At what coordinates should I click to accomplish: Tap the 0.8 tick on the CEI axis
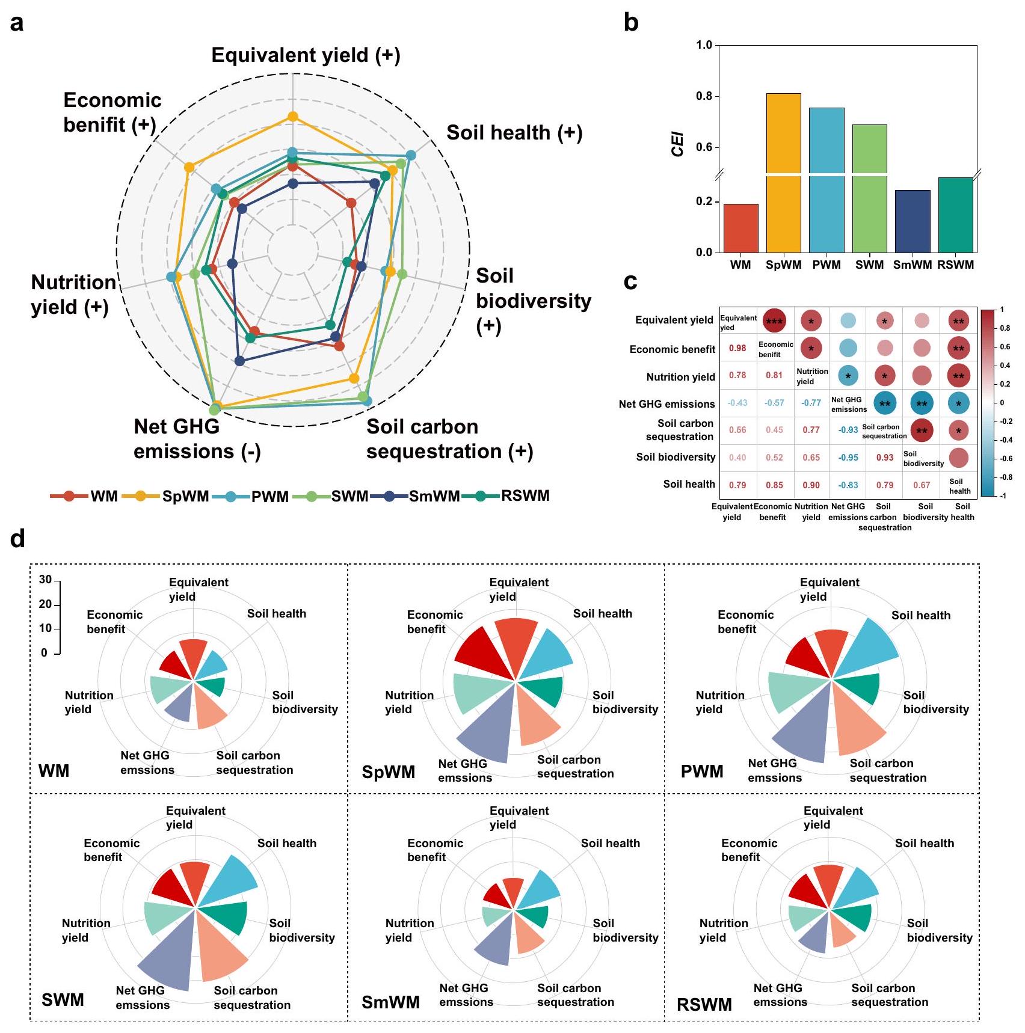point(704,96)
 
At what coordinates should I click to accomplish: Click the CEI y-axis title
point(678,144)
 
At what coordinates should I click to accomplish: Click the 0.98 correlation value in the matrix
point(737,348)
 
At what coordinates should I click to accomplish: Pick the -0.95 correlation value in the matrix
point(848,458)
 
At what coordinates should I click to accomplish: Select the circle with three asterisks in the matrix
point(774,321)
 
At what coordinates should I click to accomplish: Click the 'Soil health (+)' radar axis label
point(514,133)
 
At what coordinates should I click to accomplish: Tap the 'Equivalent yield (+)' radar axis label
point(306,55)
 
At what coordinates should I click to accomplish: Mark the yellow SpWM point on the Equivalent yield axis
point(293,117)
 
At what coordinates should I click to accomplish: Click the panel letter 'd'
point(18,539)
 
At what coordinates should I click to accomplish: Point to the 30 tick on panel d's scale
point(45,580)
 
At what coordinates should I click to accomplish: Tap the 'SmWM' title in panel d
point(390,1002)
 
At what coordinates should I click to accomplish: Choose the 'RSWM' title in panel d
point(704,1005)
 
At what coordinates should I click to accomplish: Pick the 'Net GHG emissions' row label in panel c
point(666,404)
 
